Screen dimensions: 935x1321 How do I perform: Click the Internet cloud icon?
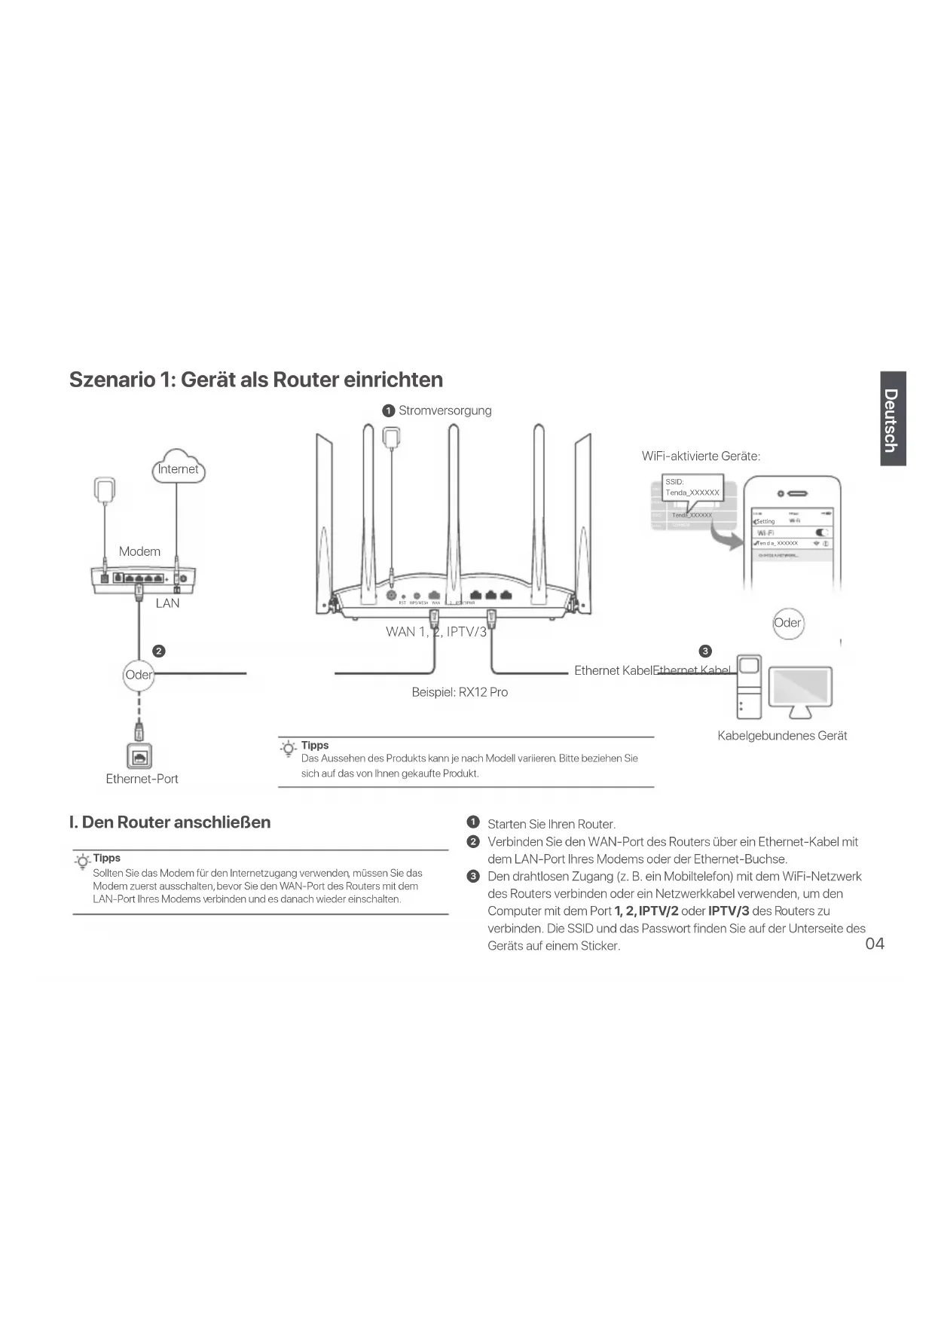178,466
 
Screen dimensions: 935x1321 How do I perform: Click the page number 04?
874,944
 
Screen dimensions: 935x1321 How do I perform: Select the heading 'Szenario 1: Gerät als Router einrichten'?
255,380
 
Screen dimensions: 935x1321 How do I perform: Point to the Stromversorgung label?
445,410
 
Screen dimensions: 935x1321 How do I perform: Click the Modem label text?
139,551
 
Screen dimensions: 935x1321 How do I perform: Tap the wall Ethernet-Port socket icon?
139,756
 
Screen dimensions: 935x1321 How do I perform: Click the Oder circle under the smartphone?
787,623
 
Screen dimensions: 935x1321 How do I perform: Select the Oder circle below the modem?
139,675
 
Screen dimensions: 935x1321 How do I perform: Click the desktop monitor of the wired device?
799,688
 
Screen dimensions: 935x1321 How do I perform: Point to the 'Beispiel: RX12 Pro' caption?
460,692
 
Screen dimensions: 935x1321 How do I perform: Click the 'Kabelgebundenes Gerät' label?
782,736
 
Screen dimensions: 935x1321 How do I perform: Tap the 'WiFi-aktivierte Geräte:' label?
701,456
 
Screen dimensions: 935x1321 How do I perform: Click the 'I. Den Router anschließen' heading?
170,822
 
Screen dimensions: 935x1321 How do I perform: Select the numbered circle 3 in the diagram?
705,651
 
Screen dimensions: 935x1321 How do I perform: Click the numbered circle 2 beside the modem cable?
159,651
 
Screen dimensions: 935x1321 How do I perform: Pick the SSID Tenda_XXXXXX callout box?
692,487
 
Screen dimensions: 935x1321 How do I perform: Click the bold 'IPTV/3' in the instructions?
729,911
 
